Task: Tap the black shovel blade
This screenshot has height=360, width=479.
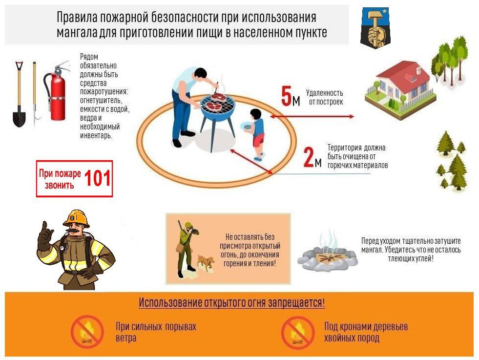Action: coord(19,118)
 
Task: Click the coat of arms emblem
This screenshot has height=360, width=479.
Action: coord(375,28)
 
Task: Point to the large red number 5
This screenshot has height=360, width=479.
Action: coord(286,96)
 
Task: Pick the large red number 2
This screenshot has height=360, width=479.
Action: coord(309,157)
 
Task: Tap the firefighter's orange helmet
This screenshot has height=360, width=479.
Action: coord(76,218)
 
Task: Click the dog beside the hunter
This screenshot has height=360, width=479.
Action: coord(206,263)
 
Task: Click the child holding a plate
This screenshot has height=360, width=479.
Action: coord(256,133)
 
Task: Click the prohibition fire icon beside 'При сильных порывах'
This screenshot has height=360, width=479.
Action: coord(87,332)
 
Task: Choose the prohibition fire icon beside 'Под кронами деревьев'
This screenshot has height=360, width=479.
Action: coord(297,332)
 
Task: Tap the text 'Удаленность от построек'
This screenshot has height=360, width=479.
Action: coord(325,97)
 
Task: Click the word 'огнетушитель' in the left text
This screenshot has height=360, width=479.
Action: coord(100,101)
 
